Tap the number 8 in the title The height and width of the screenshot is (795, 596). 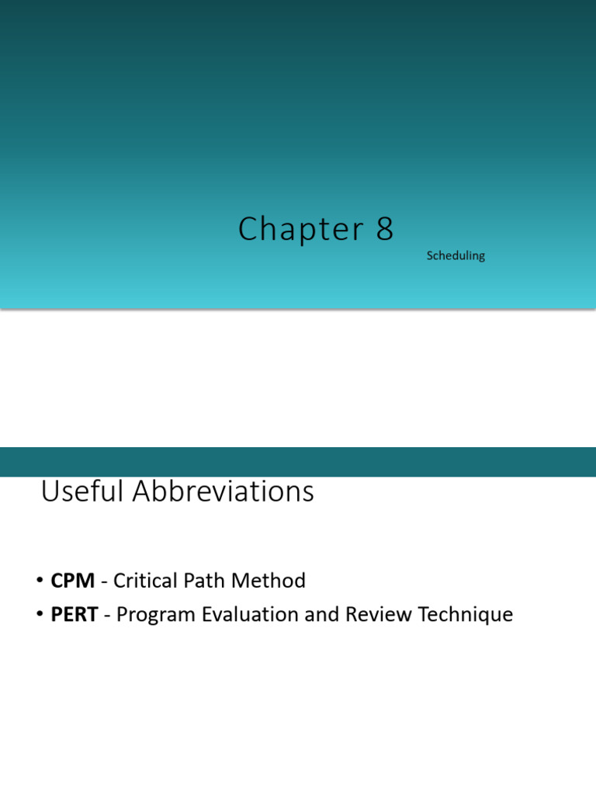coord(385,229)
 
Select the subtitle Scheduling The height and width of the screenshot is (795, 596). coord(456,255)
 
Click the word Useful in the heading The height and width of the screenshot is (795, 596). coord(81,491)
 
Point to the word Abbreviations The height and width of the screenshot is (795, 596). coord(223,491)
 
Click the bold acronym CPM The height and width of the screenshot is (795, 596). coord(72,581)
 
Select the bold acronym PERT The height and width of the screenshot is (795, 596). coord(74,615)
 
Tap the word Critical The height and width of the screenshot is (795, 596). coord(147,581)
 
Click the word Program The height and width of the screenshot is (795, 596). coord(155,615)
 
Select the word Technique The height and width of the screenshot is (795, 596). coord(466,615)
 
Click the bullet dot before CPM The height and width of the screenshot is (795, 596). coord(39,581)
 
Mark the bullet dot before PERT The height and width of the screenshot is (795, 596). coord(39,616)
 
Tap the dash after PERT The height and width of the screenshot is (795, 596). coord(107,616)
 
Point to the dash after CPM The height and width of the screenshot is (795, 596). coord(104,581)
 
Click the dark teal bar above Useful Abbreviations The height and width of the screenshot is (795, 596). coord(298,462)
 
